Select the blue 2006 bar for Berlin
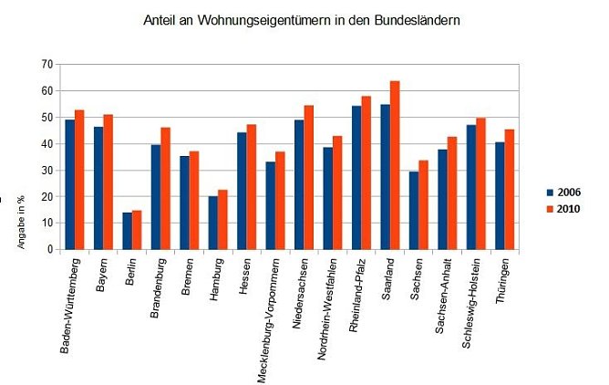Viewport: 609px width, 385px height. [128, 231]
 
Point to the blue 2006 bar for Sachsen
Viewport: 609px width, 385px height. [413, 211]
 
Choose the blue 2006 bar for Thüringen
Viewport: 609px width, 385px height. [499, 196]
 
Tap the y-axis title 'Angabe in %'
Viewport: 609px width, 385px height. [19, 222]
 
